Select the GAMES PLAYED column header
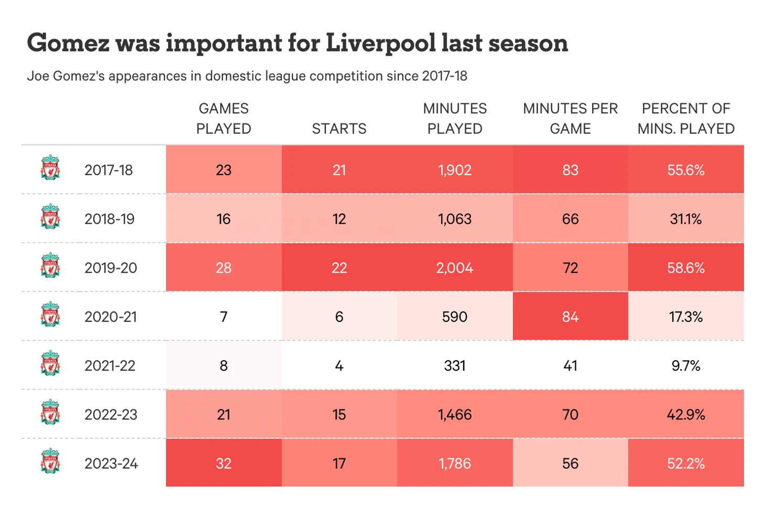pos(224,118)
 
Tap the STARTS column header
pos(339,128)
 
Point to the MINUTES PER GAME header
pos(570,118)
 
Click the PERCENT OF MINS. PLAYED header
pos(686,118)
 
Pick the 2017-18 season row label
pos(108,170)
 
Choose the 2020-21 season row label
pos(111,317)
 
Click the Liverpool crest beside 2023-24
pos(50,461)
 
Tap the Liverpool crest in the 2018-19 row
pos(50,217)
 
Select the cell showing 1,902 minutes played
pos(455,170)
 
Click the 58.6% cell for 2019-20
pos(686,268)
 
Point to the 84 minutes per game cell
pos(570,317)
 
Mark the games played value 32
pos(224,463)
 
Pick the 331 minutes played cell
pos(455,365)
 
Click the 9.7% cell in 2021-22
pos(686,365)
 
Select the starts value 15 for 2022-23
pos(339,415)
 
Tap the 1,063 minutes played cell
pos(455,219)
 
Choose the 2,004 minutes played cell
pos(455,268)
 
